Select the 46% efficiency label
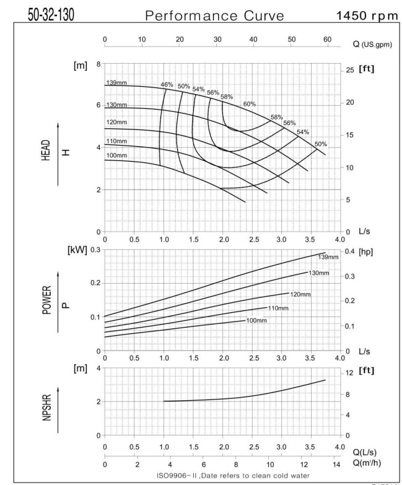[x=167, y=84]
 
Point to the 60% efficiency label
[x=249, y=103]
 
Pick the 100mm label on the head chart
[x=116, y=155]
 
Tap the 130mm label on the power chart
[x=320, y=273]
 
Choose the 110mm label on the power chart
[x=278, y=308]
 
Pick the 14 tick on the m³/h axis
[x=336, y=464]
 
